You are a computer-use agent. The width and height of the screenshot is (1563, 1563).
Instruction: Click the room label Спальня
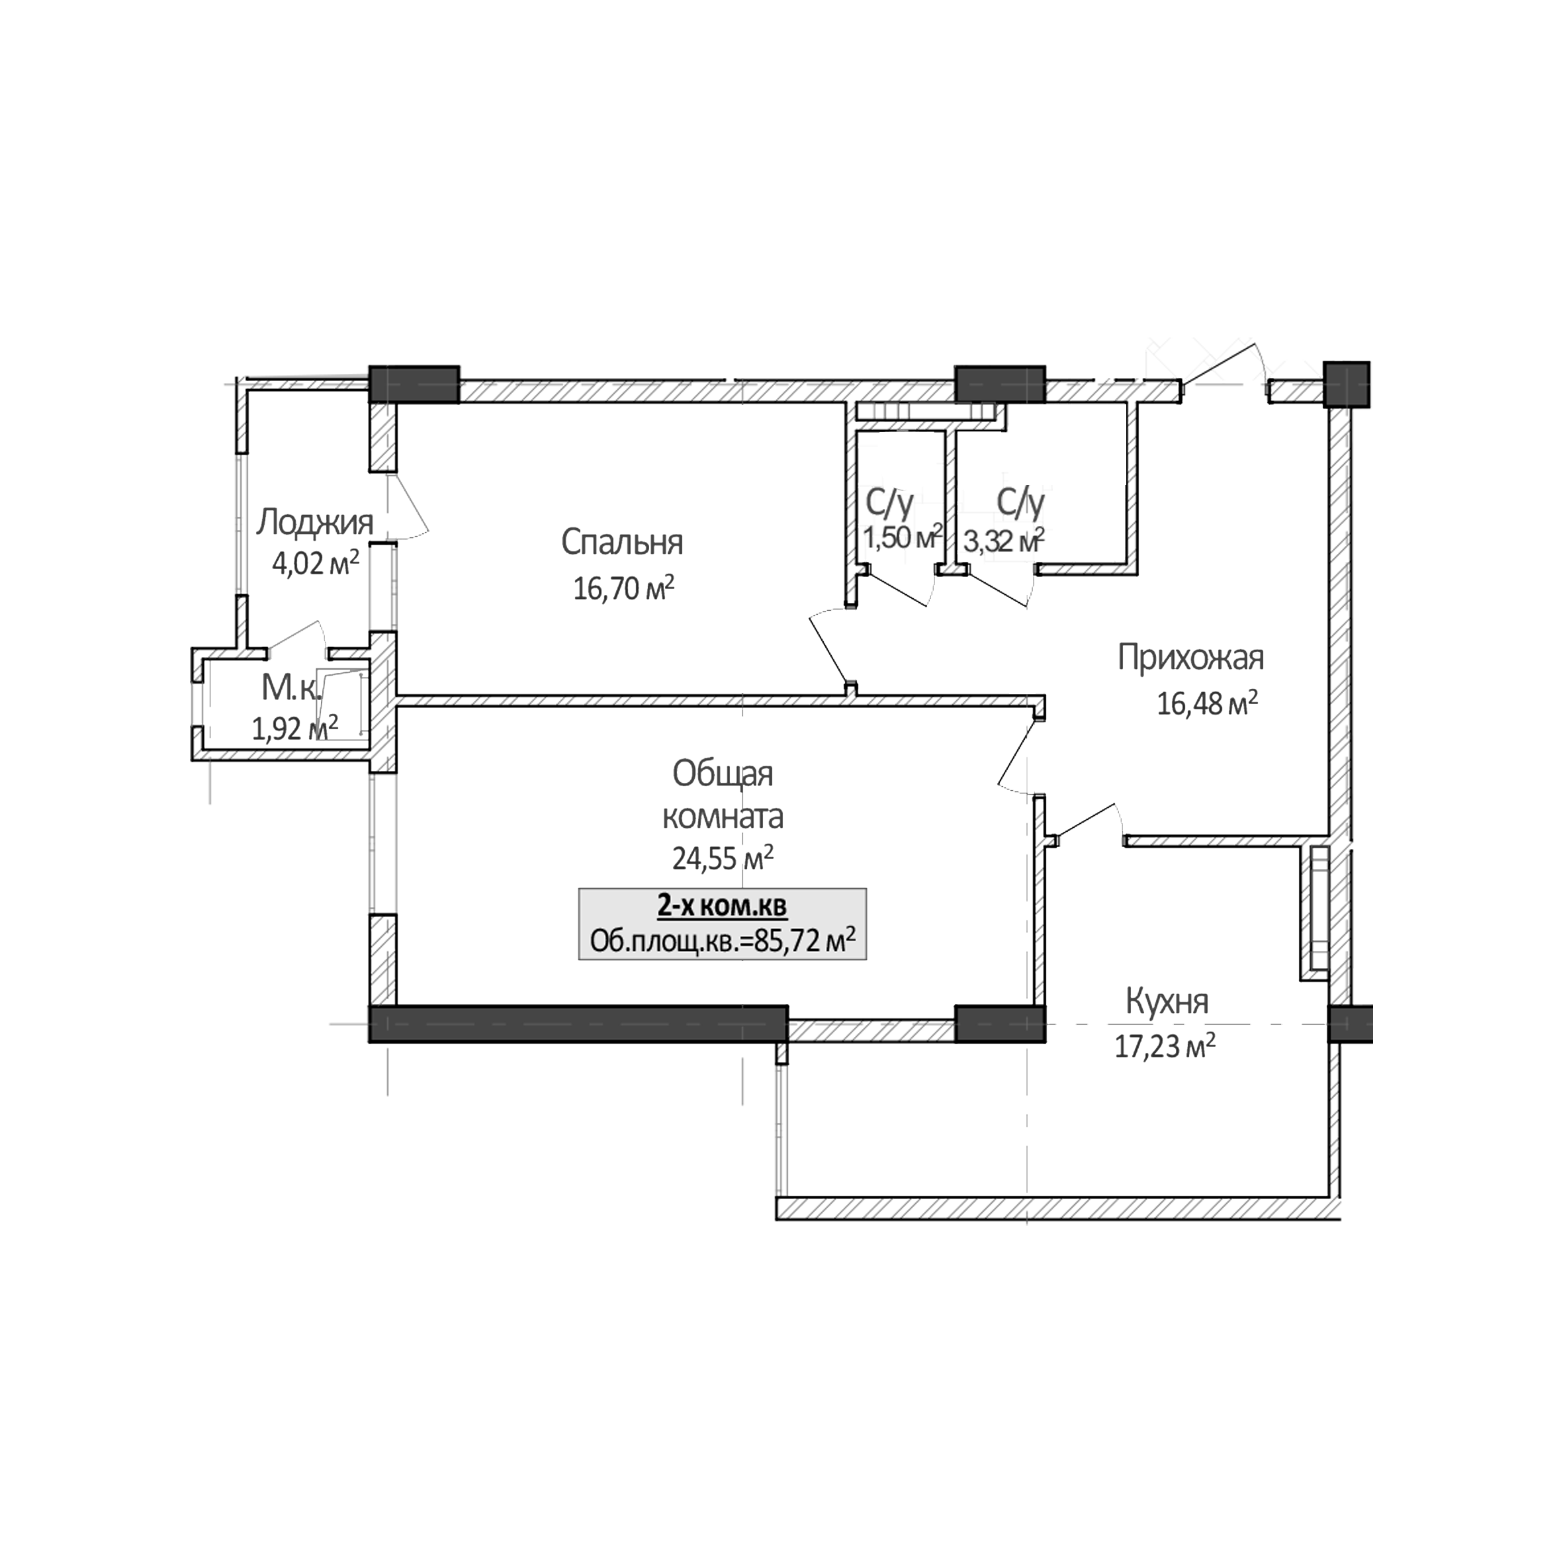pos(621,542)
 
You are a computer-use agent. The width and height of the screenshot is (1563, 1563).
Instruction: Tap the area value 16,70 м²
pos(623,588)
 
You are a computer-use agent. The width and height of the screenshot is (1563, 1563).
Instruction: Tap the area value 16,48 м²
pos(1207,704)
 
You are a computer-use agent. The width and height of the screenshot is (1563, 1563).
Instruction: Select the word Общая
pos(723,774)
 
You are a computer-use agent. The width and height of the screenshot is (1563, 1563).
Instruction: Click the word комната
pos(723,817)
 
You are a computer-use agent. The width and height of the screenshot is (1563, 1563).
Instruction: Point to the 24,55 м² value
pos(723,858)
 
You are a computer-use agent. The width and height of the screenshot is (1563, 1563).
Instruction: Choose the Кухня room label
pos(1167,1003)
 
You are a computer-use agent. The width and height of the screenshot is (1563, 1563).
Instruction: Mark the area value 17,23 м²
pos(1165,1048)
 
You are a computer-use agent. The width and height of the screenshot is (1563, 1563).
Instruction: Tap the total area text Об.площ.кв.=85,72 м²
pos(723,942)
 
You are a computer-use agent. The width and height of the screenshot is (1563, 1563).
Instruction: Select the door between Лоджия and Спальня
pos(385,508)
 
